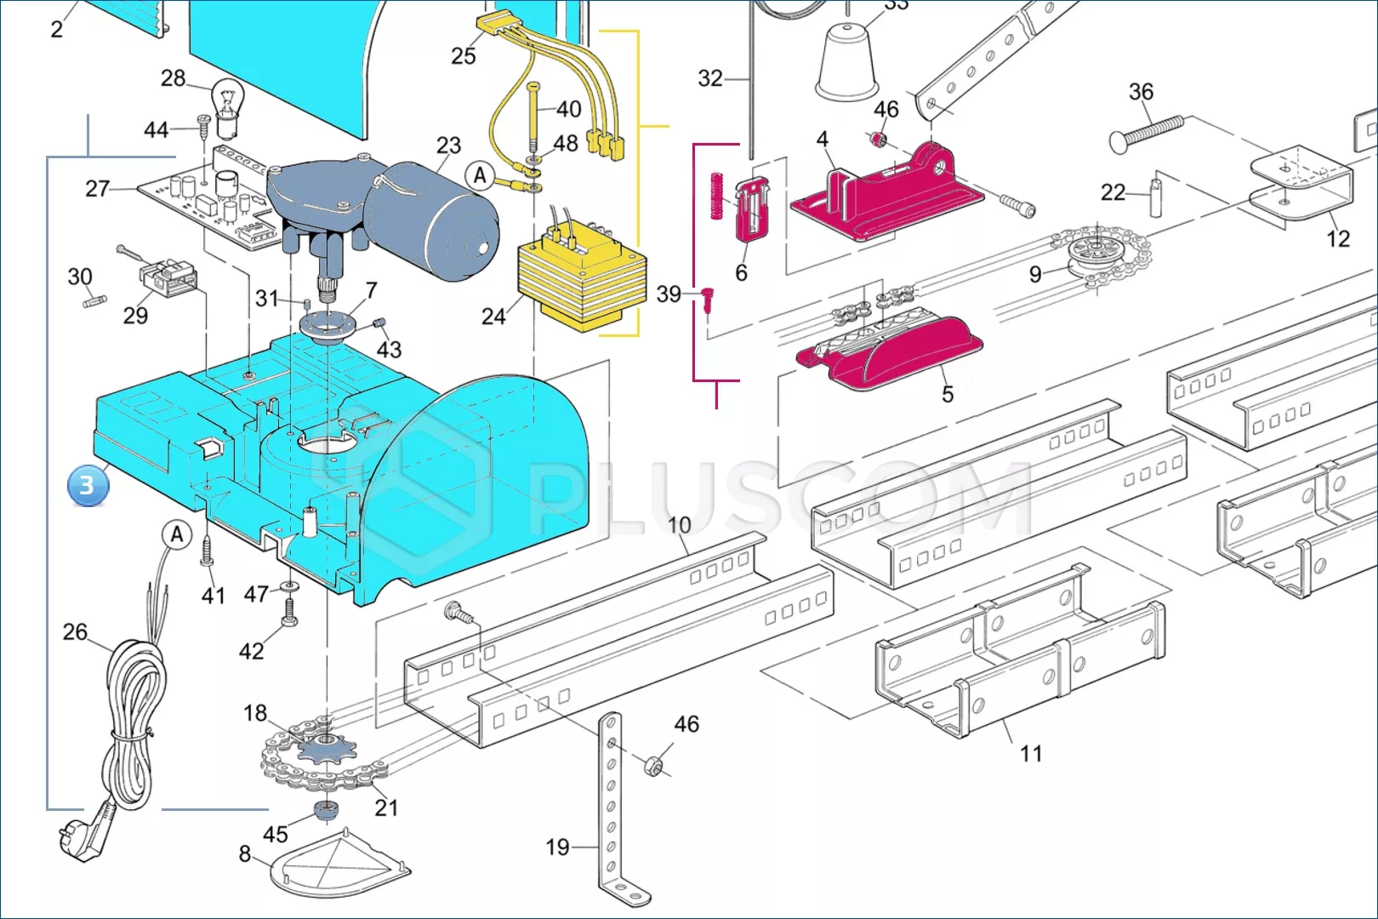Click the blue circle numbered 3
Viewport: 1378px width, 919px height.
tap(88, 486)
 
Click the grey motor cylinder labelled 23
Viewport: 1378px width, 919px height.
tap(430, 219)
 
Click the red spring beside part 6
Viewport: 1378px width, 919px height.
tap(716, 196)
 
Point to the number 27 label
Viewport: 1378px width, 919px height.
tap(97, 188)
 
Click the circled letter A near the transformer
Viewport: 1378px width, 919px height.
tap(480, 176)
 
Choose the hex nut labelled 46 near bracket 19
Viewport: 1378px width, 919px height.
tap(652, 767)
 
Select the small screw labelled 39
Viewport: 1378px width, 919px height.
tap(708, 301)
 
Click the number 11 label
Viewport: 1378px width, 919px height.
tap(1031, 753)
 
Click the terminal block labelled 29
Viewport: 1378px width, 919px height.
tap(168, 277)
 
